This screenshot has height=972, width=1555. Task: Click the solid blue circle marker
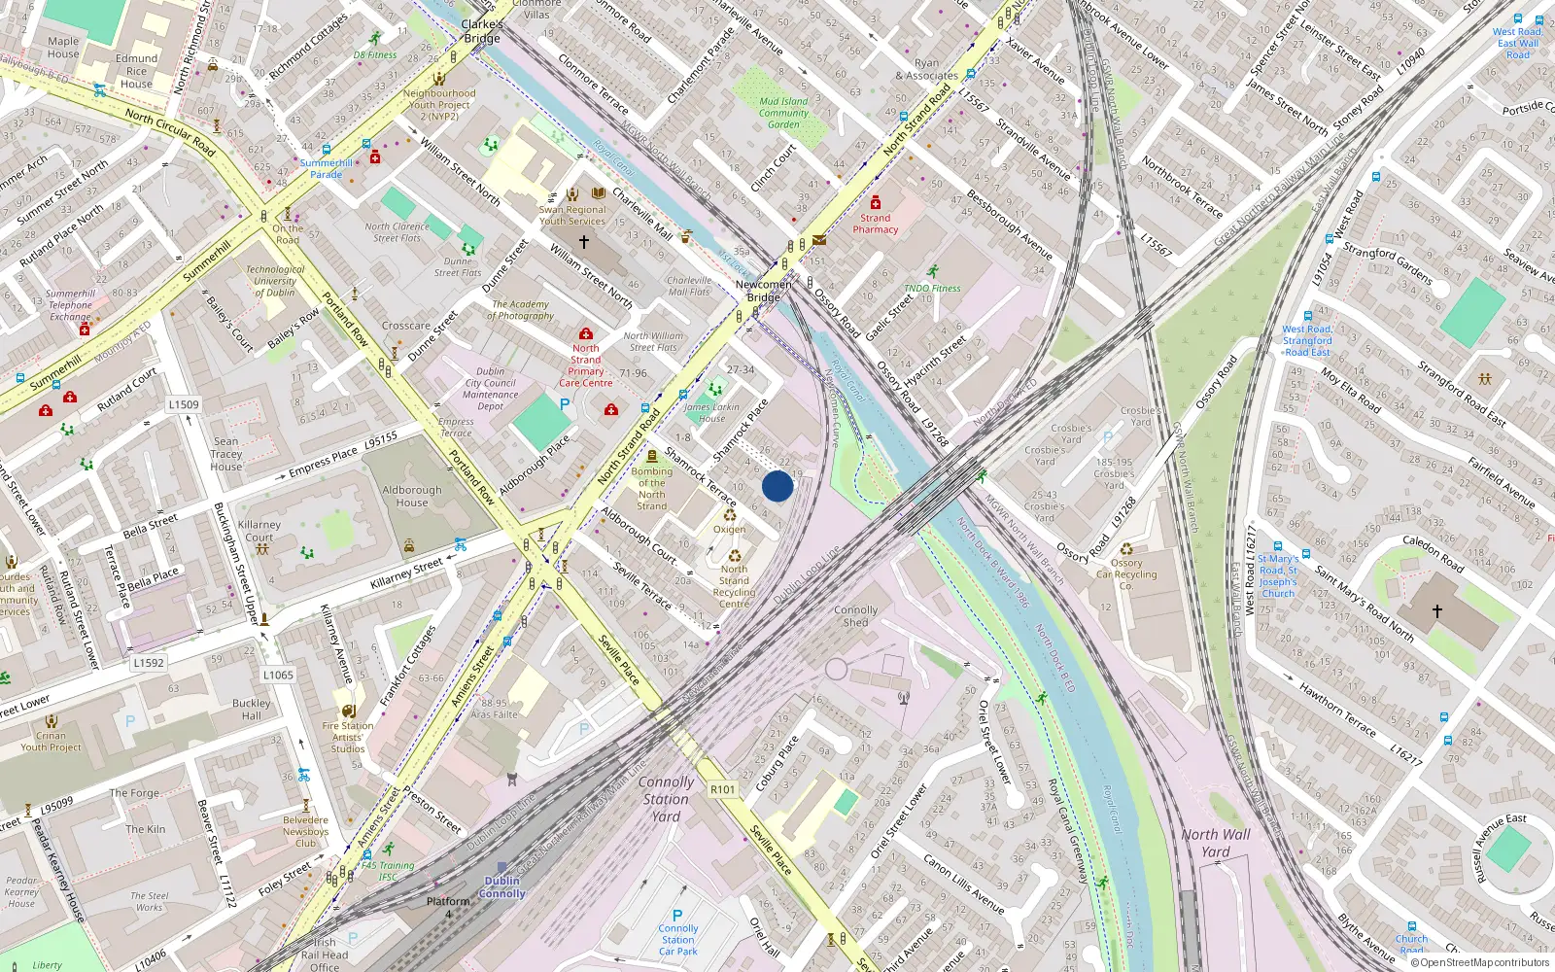pos(777,486)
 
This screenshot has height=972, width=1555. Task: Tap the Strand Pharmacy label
pos(875,224)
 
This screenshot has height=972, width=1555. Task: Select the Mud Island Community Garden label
pos(783,113)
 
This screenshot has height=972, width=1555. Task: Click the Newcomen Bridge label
pos(763,291)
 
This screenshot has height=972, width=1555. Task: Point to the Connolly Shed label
pos(855,616)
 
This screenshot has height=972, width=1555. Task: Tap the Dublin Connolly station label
pos(502,887)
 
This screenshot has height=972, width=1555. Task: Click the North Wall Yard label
pos(1216,843)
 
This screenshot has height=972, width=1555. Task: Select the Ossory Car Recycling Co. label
pos(1126,574)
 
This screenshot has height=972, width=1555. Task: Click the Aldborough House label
pos(412,497)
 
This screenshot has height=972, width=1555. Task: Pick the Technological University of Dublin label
pos(275,281)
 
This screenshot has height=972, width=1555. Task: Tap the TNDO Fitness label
pos(932,288)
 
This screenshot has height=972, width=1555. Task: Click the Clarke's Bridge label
pos(482,31)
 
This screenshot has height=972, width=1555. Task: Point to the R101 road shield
pos(723,789)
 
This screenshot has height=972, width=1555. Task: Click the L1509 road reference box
pos(184,404)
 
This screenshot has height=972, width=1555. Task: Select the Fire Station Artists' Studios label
pos(347,737)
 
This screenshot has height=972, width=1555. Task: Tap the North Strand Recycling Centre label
pos(734,586)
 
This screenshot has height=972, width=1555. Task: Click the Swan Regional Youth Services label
pos(572,215)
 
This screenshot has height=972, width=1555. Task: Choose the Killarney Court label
pos(259,531)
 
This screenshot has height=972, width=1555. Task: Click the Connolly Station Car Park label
pos(677,939)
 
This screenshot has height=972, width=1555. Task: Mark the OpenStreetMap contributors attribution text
pos(1484,962)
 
